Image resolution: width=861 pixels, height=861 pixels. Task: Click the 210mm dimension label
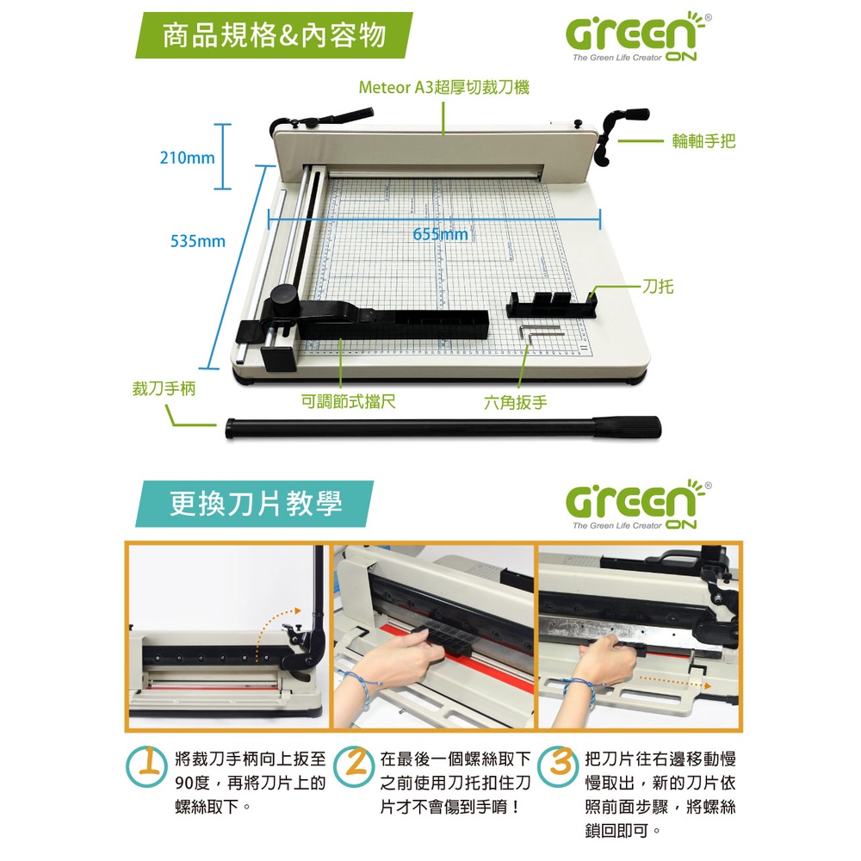[187, 158]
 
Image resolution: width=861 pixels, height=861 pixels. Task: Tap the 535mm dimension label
[198, 241]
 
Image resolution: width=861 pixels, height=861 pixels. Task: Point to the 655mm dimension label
[440, 234]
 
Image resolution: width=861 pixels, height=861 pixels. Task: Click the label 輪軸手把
[703, 141]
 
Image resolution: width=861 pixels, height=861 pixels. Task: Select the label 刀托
[658, 286]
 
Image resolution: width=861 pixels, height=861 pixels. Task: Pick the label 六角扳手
[515, 402]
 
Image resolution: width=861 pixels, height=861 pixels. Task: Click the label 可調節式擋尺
[348, 401]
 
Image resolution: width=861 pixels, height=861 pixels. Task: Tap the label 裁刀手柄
[164, 389]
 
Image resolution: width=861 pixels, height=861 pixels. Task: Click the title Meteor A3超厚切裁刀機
[443, 87]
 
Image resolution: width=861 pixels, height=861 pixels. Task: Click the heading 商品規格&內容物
[274, 35]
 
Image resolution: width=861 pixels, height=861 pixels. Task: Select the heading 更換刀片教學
[256, 504]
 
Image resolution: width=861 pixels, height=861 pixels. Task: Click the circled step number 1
[146, 766]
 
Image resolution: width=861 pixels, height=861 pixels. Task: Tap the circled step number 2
[354, 766]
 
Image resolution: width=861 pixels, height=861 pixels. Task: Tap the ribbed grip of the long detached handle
[627, 427]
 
